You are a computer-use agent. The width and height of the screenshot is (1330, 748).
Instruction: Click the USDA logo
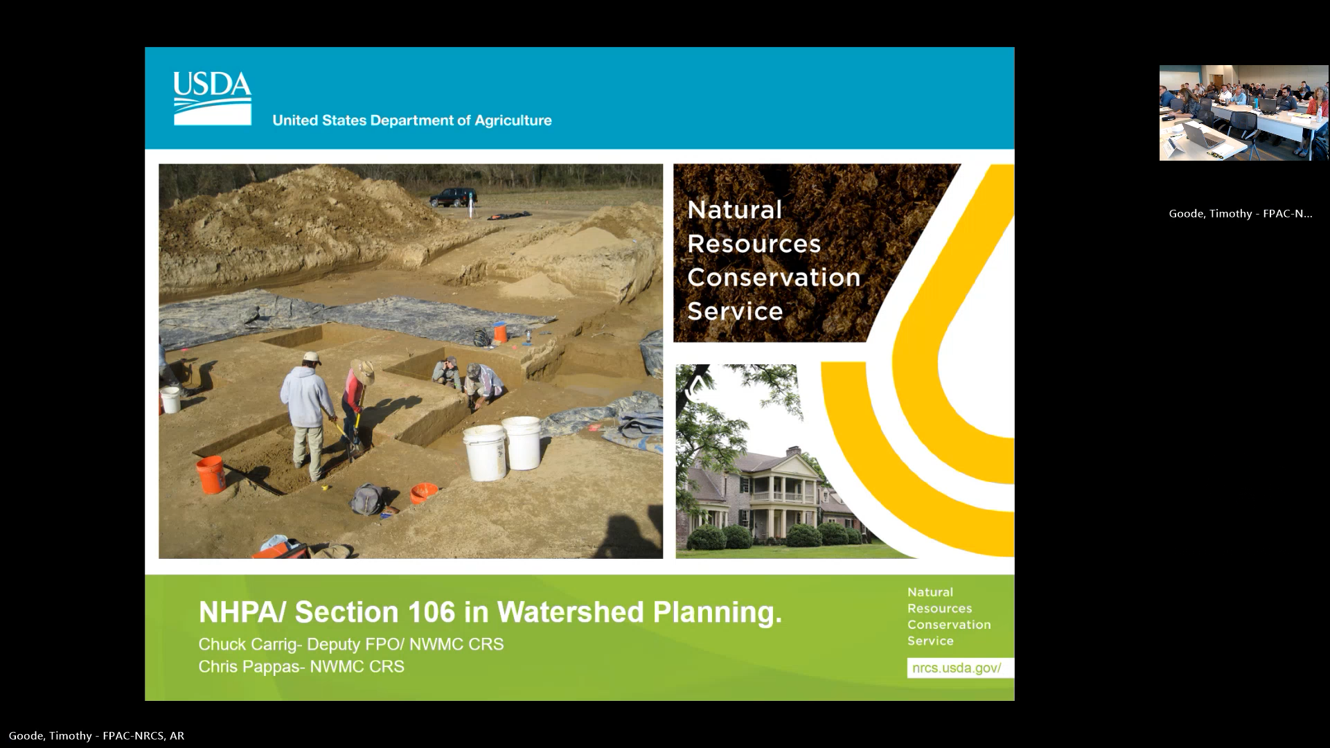pos(212,98)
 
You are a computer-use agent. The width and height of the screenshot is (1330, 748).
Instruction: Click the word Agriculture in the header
pos(513,121)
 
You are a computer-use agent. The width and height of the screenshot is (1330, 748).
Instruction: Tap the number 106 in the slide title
pos(432,612)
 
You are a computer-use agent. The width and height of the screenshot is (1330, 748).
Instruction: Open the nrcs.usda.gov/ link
pos(957,668)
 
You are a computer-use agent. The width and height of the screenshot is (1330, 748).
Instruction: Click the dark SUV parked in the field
pos(453,197)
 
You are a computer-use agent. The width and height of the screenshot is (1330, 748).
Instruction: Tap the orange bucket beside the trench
pos(210,474)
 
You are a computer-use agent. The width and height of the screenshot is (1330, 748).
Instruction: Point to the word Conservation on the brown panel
pos(773,278)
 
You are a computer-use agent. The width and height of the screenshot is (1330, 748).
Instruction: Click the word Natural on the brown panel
pos(734,210)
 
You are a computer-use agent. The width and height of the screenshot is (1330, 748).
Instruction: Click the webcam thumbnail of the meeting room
pos(1243,113)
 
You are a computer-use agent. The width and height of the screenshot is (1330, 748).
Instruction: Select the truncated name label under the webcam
pos(1240,213)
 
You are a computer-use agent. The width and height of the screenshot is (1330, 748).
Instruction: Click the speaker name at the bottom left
pos(96,736)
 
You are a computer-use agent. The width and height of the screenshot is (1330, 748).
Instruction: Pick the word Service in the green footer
pos(930,641)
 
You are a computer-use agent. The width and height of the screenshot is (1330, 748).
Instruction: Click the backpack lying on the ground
pos(368,499)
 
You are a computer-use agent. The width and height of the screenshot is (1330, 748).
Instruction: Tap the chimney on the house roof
pos(793,452)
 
